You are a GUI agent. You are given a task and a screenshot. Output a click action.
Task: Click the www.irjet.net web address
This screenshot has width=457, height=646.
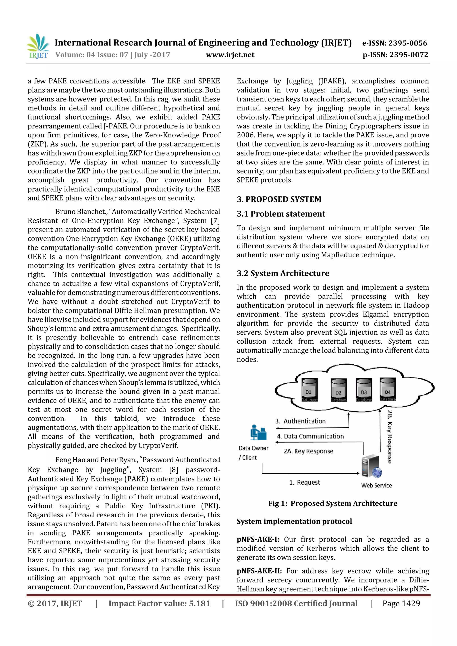[x=230, y=55]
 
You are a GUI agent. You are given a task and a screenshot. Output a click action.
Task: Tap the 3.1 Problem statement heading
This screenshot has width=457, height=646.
[x=281, y=214]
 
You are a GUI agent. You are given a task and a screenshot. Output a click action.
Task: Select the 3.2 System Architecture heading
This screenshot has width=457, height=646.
[x=283, y=273]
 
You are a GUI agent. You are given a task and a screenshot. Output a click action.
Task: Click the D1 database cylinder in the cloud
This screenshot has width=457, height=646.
[x=309, y=390]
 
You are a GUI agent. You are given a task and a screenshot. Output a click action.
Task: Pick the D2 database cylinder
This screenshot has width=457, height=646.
[x=339, y=390]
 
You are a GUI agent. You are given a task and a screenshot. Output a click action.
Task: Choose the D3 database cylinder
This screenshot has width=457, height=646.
[x=364, y=390]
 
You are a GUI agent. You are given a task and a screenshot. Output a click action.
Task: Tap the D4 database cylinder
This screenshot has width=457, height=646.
[x=388, y=389]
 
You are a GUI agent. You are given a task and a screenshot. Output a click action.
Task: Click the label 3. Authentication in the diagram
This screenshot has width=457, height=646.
[x=300, y=421]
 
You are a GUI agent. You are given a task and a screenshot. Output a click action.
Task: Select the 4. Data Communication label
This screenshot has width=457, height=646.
[x=310, y=436]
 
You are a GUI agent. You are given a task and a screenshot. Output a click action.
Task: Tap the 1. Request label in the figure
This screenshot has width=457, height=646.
[x=304, y=483]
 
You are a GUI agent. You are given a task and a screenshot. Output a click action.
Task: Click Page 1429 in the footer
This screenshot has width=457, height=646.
[x=401, y=603]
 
